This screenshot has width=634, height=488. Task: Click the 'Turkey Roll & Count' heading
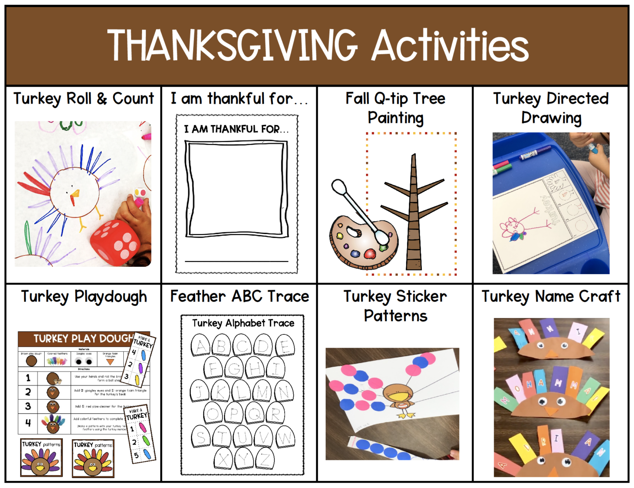[x=83, y=99]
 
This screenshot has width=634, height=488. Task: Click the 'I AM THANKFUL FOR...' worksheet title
[x=236, y=129]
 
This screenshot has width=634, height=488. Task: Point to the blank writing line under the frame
[x=236, y=261]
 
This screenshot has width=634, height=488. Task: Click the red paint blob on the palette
[x=369, y=253]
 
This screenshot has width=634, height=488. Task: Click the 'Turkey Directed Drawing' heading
[x=551, y=108]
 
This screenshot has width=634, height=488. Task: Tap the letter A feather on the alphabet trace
[x=201, y=346]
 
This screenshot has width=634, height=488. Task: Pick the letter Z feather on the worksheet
[x=265, y=459]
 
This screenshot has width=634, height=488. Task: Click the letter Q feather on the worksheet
[x=255, y=413]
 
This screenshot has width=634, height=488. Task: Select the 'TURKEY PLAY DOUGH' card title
[x=83, y=339]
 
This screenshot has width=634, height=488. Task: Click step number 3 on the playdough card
[x=28, y=406]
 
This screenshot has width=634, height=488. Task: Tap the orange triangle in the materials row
[x=110, y=362]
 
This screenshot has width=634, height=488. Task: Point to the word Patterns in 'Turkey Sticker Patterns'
[x=395, y=316]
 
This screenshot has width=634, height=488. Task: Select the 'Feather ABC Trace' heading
[x=239, y=296]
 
